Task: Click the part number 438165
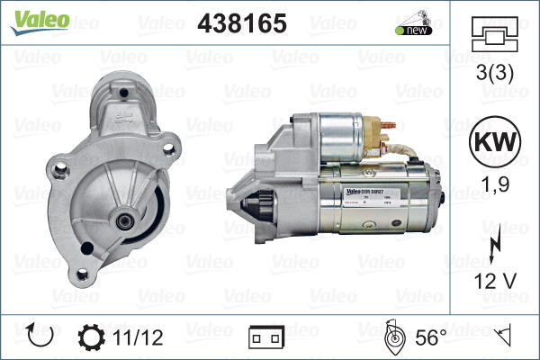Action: pos(241,24)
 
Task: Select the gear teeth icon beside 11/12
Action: pos(92,337)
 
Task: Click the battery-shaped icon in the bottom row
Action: pos(266,337)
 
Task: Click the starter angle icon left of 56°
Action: pos(393,337)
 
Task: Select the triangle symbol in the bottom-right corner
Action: pos(506,337)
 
